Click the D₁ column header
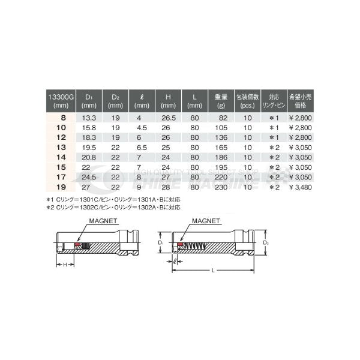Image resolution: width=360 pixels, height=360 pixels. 88,100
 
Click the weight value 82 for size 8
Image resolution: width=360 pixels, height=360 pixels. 220,119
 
